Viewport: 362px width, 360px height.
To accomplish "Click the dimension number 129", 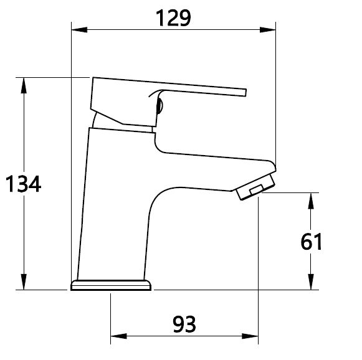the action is pyautogui.click(x=173, y=18).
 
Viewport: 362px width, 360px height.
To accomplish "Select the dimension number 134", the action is pyautogui.click(x=23, y=184).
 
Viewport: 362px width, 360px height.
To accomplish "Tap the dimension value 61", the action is pyautogui.click(x=311, y=242).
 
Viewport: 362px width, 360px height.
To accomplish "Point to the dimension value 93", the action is pyautogui.click(x=184, y=324).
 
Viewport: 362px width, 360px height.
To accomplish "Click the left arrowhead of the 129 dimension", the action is pyautogui.click(x=79, y=30).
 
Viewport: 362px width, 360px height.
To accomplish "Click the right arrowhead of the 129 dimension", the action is pyautogui.click(x=267, y=30).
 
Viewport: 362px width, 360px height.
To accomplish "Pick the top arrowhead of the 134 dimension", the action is pyautogui.click(x=24, y=85).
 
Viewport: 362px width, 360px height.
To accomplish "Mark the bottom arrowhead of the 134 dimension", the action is pyautogui.click(x=24, y=282).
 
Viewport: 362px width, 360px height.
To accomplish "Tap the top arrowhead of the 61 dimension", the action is pyautogui.click(x=311, y=201).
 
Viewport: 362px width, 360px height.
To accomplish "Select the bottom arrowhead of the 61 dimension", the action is pyautogui.click(x=311, y=282).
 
